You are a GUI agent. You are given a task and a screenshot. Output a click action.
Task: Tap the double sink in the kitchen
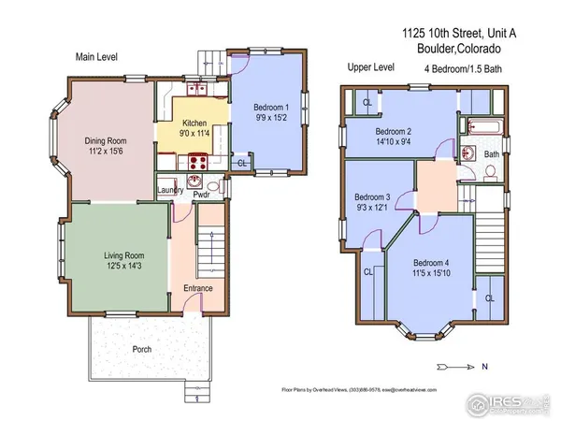pyautogui.click(x=197, y=91)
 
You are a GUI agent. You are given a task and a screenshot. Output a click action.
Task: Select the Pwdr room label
pyautogui.click(x=200, y=195)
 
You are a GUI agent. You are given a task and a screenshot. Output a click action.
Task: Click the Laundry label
pyautogui.click(x=170, y=191)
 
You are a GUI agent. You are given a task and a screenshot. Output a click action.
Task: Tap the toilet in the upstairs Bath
pyautogui.click(x=490, y=171)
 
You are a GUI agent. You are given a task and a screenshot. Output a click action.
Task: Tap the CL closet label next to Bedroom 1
pyautogui.click(x=242, y=163)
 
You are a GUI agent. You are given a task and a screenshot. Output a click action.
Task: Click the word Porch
pyautogui.click(x=142, y=350)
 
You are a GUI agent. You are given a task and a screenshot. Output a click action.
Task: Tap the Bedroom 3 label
pyautogui.click(x=372, y=197)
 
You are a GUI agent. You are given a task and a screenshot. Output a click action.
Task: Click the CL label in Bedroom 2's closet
pyautogui.click(x=367, y=102)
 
